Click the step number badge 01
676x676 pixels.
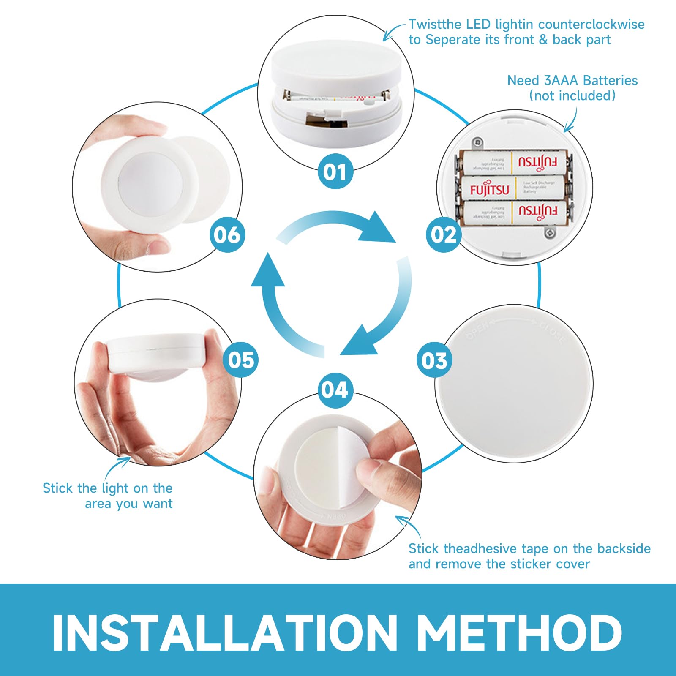pyautogui.click(x=335, y=172)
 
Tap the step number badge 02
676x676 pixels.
pyautogui.click(x=443, y=234)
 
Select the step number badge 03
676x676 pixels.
pyautogui.click(x=434, y=360)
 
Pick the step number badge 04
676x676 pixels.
pyautogui.click(x=335, y=390)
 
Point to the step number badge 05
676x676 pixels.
pyautogui.click(x=240, y=360)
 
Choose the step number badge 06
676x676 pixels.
pyautogui.click(x=227, y=234)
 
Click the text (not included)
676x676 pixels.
pyautogui.click(x=572, y=95)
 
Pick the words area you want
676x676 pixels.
pyautogui.click(x=128, y=504)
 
